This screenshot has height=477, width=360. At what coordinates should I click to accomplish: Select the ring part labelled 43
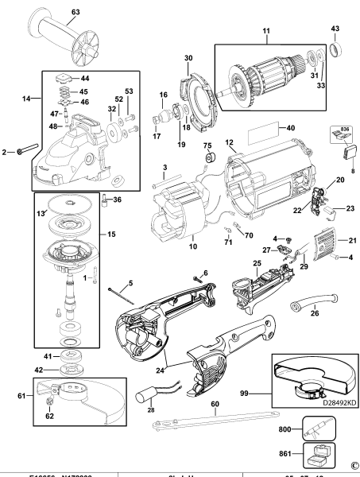click(x=335, y=50)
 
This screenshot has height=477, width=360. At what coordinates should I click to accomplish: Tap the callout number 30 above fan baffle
click(x=188, y=58)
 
